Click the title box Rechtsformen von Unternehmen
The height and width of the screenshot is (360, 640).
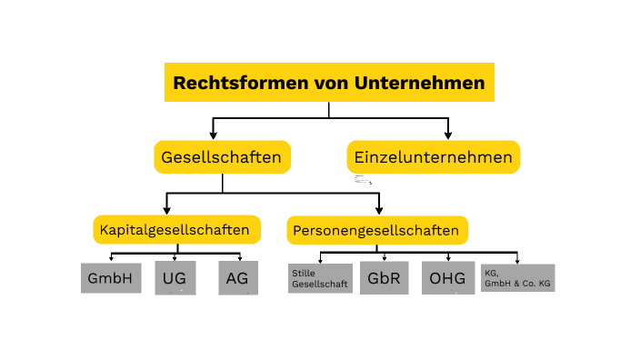329,83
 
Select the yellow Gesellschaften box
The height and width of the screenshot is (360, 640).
222,157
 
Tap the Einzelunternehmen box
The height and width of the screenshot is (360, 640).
433,157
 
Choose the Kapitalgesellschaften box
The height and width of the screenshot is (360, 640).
177,229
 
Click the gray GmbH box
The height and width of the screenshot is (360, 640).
112,278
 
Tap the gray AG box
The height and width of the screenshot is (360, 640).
238,278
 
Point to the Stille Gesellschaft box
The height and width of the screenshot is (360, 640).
320,278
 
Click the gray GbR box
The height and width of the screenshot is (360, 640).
384,278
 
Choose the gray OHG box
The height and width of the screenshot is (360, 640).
448,278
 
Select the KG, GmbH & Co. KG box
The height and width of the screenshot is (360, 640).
517,278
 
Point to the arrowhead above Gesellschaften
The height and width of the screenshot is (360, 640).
213,135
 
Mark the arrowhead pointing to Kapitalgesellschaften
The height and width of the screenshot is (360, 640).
166,208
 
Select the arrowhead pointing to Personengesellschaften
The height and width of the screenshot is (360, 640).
379,209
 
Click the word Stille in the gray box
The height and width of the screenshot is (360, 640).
302,273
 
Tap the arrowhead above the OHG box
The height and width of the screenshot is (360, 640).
448,259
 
